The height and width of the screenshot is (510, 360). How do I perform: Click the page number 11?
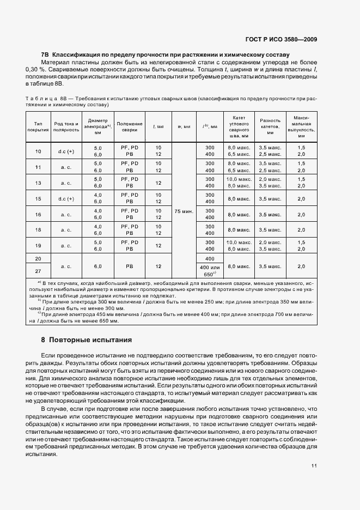314,465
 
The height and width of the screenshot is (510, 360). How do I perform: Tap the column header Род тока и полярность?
66,127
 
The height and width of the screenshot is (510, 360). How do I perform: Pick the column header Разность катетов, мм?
270,127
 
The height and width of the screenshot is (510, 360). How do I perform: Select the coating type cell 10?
38,151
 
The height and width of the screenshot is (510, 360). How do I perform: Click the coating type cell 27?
38,271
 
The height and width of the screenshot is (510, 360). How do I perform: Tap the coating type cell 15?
38,198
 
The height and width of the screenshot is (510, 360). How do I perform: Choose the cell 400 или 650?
210,271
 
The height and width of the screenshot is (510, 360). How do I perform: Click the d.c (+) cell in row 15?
66,198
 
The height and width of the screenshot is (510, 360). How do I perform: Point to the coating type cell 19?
38,245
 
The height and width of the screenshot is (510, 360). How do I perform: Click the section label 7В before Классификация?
45,55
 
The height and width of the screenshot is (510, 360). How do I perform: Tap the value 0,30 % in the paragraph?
36,70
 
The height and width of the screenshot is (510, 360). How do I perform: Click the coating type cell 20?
38,258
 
